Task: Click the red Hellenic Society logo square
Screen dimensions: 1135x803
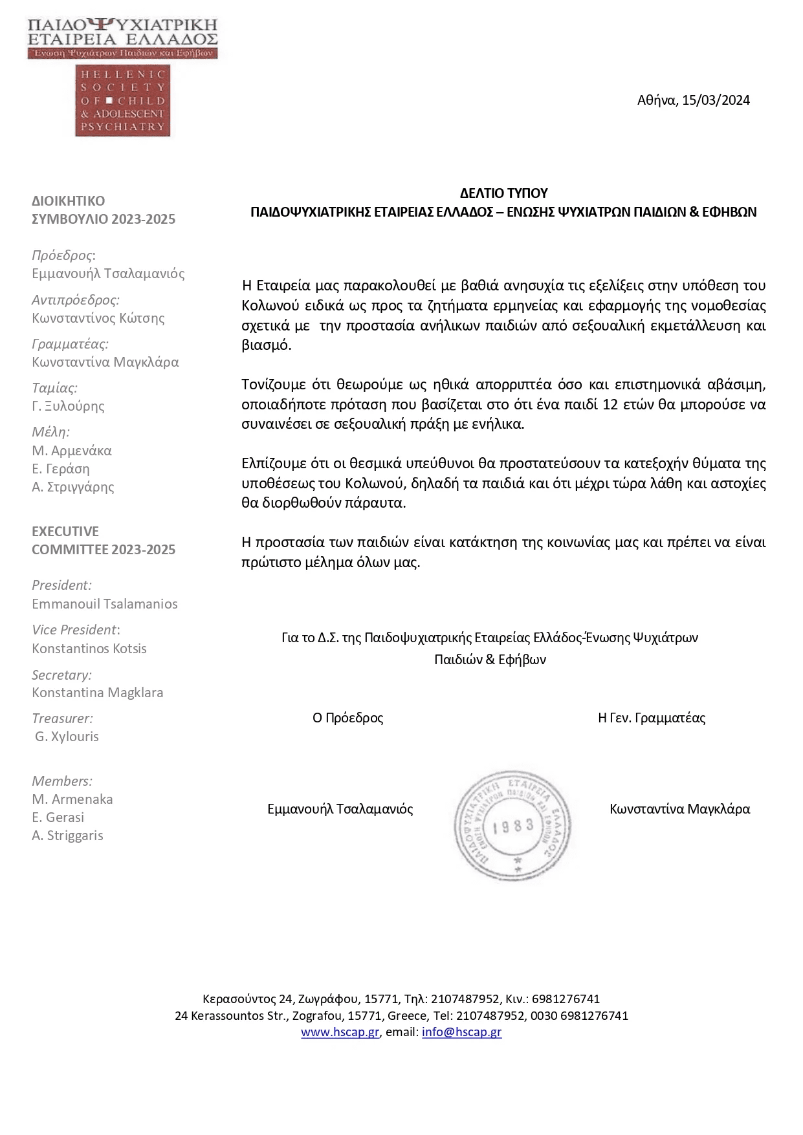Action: coord(122,100)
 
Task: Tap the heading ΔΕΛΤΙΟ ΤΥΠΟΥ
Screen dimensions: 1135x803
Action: coord(503,193)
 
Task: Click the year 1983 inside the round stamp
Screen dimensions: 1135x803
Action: coord(513,826)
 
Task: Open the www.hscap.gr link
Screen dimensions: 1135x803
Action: coord(340,1032)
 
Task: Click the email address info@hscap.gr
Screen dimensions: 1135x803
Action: coord(461,1032)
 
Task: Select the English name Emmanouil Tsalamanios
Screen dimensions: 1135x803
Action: coord(104,603)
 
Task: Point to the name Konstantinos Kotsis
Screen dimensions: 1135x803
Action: coord(89,648)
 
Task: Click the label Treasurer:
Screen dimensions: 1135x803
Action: coord(62,718)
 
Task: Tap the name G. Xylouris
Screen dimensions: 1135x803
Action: coord(67,736)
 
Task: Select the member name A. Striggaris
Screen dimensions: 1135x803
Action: coord(67,835)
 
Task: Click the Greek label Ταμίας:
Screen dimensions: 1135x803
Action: coord(54,387)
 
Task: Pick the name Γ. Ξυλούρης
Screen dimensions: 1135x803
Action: coord(68,405)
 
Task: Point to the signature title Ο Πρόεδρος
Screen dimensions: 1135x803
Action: coord(347,717)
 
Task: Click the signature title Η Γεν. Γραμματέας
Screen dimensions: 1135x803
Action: coord(651,717)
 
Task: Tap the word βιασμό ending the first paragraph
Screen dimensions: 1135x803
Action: coord(266,345)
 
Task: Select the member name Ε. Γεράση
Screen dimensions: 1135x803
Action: coord(61,468)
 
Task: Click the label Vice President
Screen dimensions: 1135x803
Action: coord(74,629)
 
